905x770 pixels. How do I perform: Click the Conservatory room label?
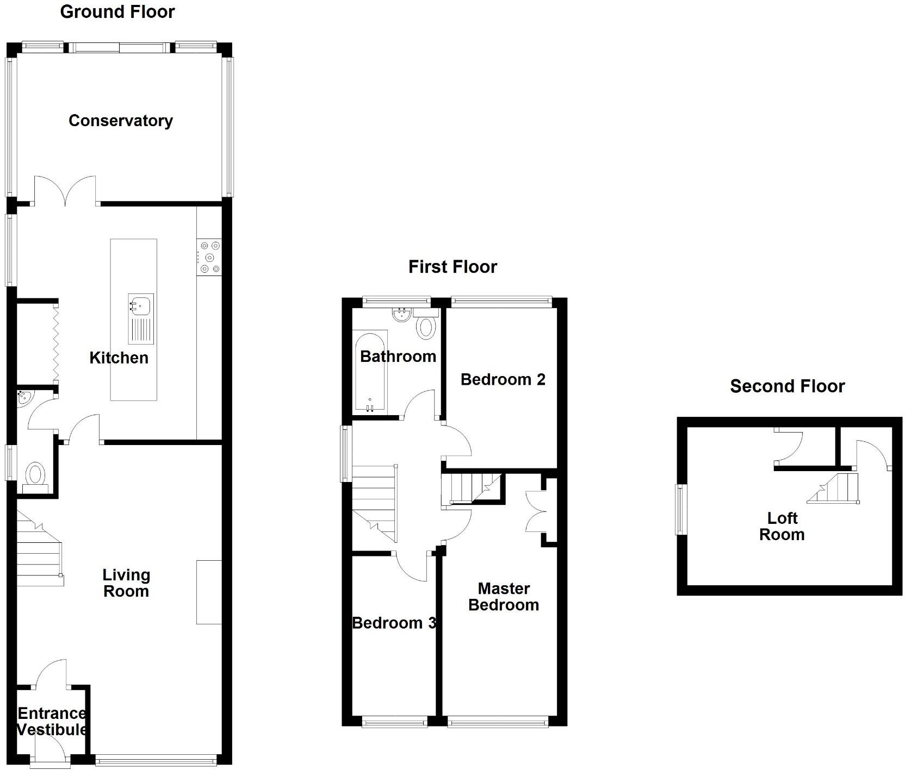pyautogui.click(x=121, y=121)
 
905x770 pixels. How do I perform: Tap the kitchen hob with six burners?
pyautogui.click(x=209, y=257)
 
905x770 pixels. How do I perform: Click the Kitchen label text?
pyautogui.click(x=119, y=358)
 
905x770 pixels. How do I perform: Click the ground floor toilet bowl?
pyautogui.click(x=35, y=474)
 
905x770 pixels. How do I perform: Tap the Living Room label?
pyautogui.click(x=126, y=583)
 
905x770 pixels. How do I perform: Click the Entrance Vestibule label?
pyautogui.click(x=52, y=721)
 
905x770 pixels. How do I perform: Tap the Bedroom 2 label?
pyautogui.click(x=503, y=379)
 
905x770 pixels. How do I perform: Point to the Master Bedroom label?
pyautogui.click(x=504, y=597)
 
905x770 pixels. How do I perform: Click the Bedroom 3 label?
pyautogui.click(x=394, y=623)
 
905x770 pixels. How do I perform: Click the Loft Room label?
pyautogui.click(x=782, y=526)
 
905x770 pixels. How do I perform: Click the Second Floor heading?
pyautogui.click(x=787, y=386)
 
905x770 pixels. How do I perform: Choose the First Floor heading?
pyautogui.click(x=452, y=267)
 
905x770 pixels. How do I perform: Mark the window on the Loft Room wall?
pyautogui.click(x=680, y=509)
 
